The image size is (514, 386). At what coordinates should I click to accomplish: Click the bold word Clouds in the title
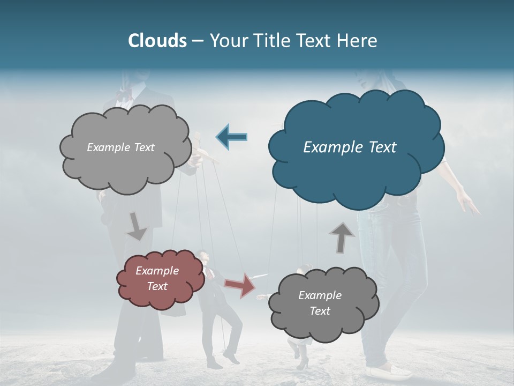coord(157,41)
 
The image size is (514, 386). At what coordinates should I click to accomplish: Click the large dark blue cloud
coord(356,177)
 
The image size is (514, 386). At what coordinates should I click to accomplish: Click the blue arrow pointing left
coord(232,137)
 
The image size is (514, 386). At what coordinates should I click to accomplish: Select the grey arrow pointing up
coord(342,236)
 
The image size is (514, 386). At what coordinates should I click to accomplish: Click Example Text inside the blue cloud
coord(350,147)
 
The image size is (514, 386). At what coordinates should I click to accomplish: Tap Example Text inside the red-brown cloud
coord(157,278)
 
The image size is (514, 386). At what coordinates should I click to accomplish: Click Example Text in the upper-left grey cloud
coord(120,147)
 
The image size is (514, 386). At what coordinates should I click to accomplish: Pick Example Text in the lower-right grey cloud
coord(320,303)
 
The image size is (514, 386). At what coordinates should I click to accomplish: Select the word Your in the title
coord(228,41)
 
